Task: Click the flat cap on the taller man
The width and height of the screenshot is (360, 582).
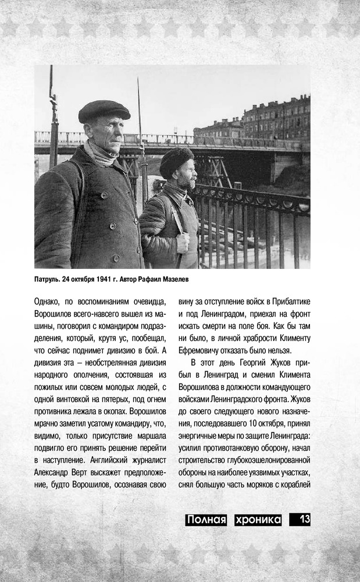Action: [104, 110]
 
